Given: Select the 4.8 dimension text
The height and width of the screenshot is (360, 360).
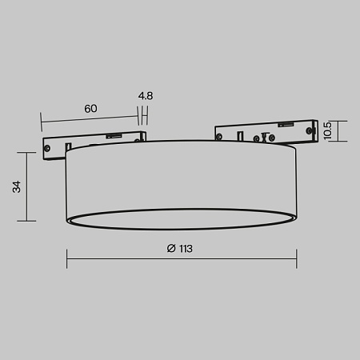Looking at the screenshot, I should [145, 96].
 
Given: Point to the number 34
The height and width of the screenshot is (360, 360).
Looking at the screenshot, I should [17, 187].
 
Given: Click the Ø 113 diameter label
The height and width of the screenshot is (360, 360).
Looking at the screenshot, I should [181, 249].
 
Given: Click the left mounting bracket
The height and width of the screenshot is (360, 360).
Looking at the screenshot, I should [94, 142].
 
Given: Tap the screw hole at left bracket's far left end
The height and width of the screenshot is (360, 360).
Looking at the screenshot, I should [50, 147].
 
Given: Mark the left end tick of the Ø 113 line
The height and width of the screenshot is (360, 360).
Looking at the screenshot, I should [66, 258].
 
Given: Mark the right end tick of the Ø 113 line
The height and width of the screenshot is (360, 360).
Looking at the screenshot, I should [297, 258].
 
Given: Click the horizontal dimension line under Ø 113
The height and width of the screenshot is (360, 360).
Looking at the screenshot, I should [181, 258].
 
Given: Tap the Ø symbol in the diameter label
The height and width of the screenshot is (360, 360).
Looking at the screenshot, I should [171, 249].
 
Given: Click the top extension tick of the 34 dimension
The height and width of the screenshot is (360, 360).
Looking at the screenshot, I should [31, 153].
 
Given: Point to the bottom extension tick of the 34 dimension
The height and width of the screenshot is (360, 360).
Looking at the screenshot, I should [31, 221].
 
